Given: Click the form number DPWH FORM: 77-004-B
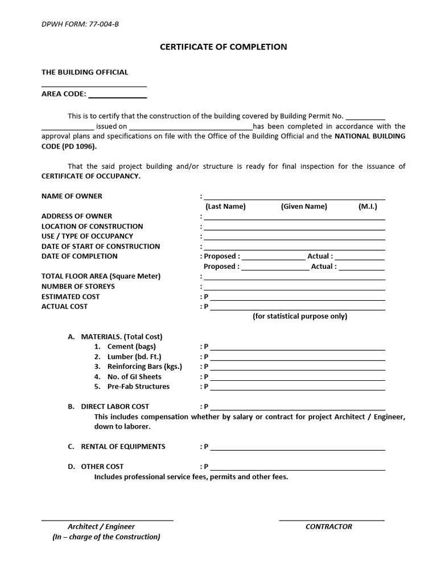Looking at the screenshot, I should pos(80,24).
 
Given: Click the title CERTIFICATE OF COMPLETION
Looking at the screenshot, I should pos(223,47).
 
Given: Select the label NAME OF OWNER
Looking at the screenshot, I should pos(72,196).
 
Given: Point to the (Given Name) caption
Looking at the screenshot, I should pos(304,206).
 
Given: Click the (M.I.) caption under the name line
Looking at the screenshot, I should pos(368,206).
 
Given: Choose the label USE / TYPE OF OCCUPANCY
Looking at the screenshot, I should pos(87,236).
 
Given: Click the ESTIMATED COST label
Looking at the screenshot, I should pos(71,296).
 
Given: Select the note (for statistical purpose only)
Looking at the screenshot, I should pos(300,316).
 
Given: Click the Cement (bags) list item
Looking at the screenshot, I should pos(131,346).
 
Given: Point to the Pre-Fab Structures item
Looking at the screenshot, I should pos(138,386).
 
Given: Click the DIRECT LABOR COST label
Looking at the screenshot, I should pos(115,406).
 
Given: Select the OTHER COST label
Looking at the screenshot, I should pos(102,466).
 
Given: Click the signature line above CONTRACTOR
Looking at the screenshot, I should pos(332,519).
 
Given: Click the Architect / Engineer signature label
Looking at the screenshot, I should pos(101,526).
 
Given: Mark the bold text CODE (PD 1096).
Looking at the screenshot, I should pos(69,146).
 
